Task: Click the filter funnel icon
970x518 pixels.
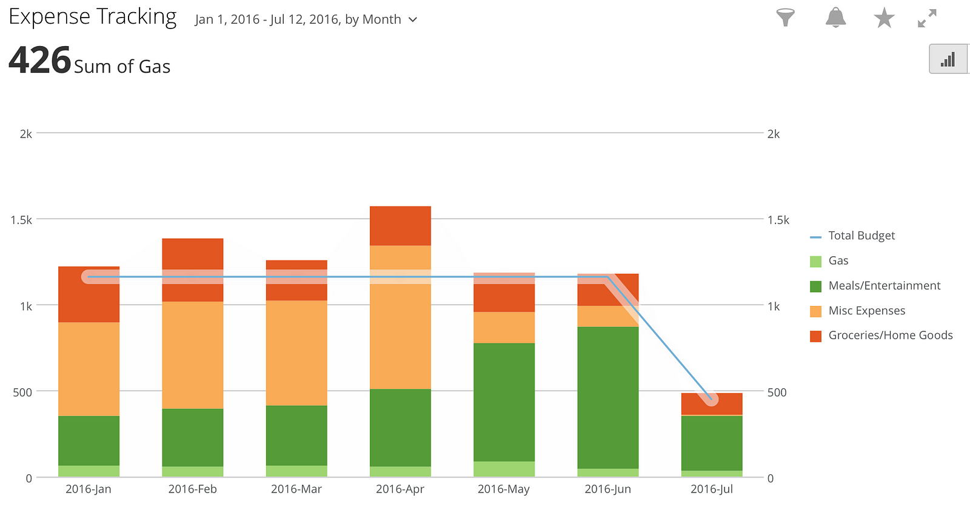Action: pyautogui.click(x=785, y=18)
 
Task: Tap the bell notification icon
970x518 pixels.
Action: pyautogui.click(x=835, y=18)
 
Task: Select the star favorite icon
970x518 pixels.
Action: pyautogui.click(x=884, y=18)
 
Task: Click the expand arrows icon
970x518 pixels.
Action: pyautogui.click(x=927, y=18)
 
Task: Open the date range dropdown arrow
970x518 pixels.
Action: pyautogui.click(x=413, y=19)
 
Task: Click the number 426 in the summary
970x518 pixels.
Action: pyautogui.click(x=40, y=61)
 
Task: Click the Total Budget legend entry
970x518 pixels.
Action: pyautogui.click(x=861, y=236)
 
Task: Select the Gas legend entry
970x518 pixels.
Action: pyautogui.click(x=838, y=261)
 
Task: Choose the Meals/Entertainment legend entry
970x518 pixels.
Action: pyautogui.click(x=884, y=285)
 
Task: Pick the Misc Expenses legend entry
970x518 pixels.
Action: pyautogui.click(x=866, y=311)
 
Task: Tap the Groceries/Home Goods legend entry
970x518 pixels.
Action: pyautogui.click(x=890, y=336)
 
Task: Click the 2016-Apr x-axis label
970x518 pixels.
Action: pyautogui.click(x=400, y=489)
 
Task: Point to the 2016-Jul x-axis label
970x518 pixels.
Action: pyautogui.click(x=712, y=489)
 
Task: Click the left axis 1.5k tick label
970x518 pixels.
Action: pyautogui.click(x=21, y=220)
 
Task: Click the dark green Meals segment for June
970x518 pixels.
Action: pyautogui.click(x=608, y=397)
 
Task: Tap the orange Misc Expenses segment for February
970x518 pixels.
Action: pyautogui.click(x=193, y=354)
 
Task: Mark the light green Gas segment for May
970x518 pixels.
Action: pyautogui.click(x=504, y=469)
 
